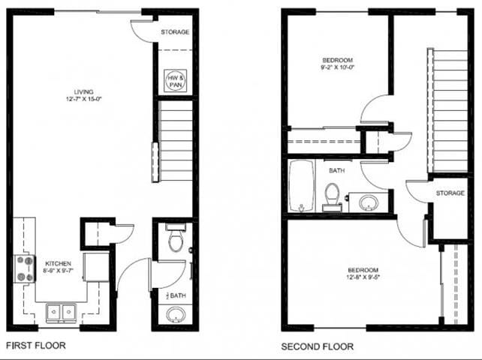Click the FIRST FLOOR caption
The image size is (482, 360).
click(x=36, y=346)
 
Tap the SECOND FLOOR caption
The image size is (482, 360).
click(x=318, y=346)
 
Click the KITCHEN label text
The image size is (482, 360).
click(x=58, y=263)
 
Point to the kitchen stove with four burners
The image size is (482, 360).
click(x=25, y=268)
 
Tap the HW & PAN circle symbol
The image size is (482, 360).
click(x=174, y=79)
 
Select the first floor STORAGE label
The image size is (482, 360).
click(x=175, y=32)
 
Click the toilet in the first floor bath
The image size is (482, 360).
click(x=175, y=238)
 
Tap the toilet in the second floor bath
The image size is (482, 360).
click(x=332, y=197)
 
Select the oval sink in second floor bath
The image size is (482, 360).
click(x=368, y=202)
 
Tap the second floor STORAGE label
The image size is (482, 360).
click(x=450, y=193)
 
